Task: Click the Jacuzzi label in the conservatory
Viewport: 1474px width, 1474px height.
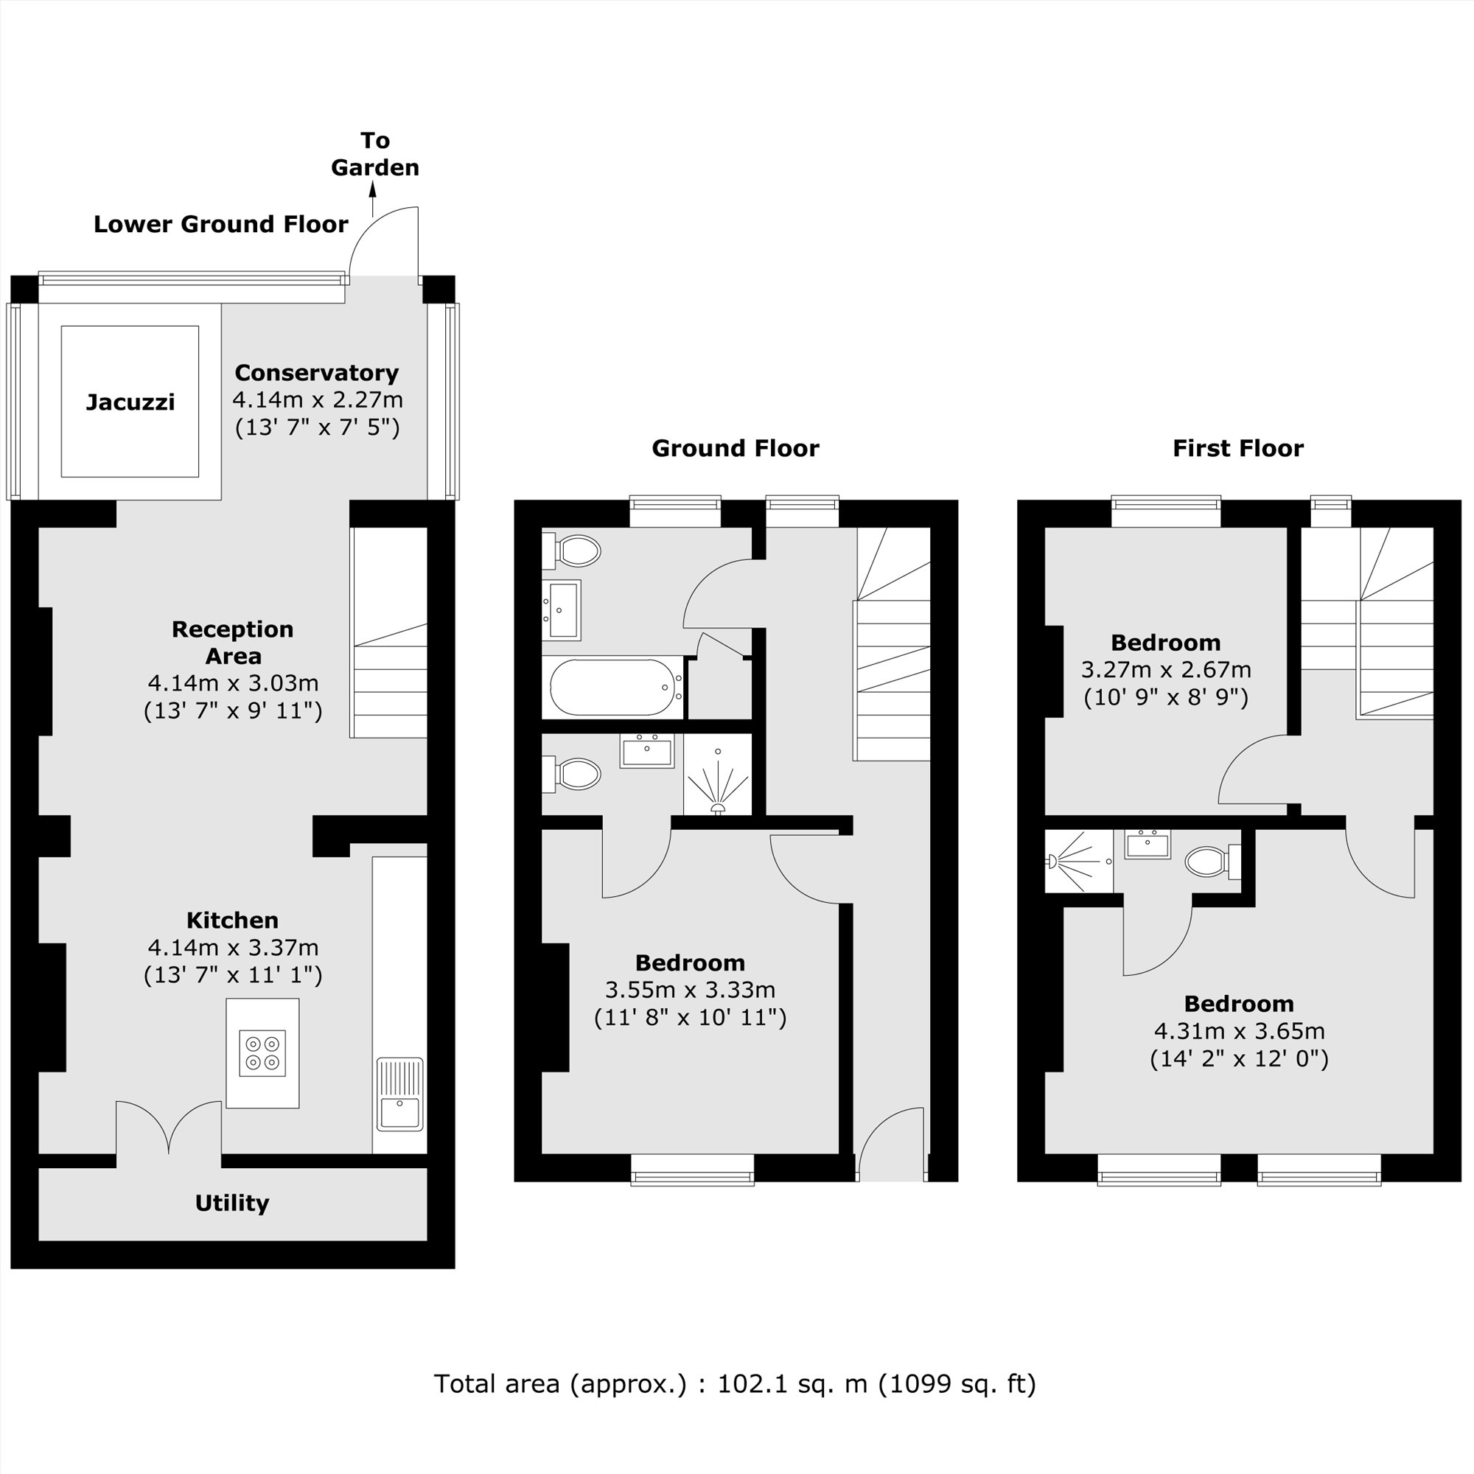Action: [130, 402]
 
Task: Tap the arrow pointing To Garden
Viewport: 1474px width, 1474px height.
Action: [373, 200]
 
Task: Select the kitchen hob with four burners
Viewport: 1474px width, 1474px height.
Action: [262, 1053]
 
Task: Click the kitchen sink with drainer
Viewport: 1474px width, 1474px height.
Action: [399, 1094]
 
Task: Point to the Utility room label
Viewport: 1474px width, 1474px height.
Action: [232, 1204]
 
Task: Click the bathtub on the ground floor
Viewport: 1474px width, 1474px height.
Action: [613, 688]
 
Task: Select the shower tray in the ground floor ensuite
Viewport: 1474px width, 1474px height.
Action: [718, 775]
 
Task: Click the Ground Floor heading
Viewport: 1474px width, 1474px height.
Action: [735, 448]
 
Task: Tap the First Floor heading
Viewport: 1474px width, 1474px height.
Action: [1237, 448]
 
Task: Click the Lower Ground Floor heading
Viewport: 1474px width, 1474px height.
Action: [220, 223]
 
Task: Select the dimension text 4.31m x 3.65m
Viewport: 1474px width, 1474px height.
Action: [1239, 1031]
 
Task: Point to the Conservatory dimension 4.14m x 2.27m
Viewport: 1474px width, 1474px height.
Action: [318, 399]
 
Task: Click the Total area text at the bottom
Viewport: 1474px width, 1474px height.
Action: [735, 1383]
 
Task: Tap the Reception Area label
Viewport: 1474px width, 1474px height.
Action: [233, 643]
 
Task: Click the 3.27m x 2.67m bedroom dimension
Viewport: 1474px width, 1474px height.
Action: [1166, 670]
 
